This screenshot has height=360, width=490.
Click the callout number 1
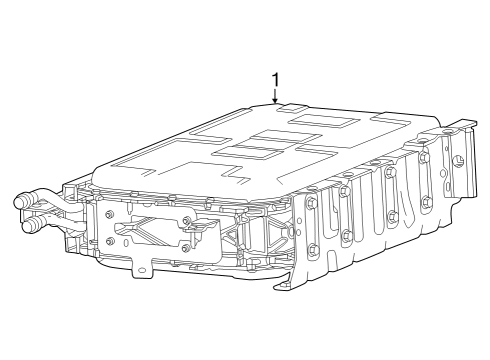(276, 80)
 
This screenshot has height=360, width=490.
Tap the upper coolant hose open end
(20, 201)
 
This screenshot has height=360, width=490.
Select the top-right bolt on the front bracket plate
(185, 220)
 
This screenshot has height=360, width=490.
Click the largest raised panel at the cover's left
(180, 161)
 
